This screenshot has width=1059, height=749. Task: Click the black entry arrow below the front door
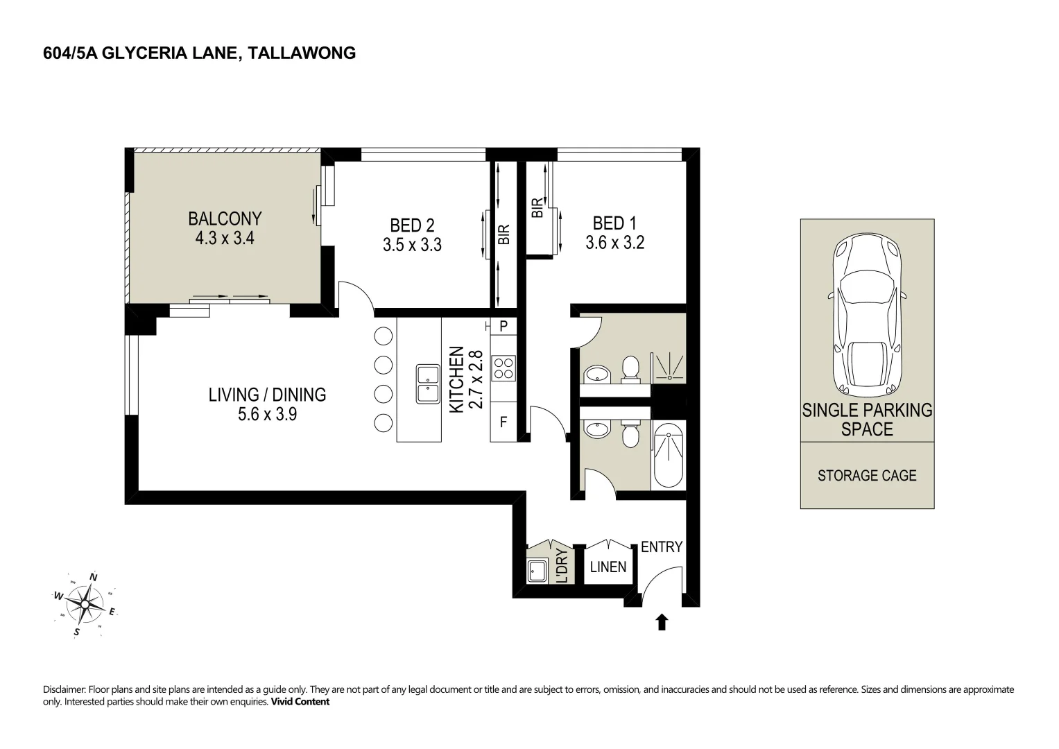pos(662,622)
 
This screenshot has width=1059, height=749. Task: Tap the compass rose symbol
pos(85,604)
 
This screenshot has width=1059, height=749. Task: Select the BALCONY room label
pos(225,218)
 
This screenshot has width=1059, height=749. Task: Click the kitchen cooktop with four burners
pos(503,369)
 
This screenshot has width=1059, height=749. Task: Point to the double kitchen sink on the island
pos(428,384)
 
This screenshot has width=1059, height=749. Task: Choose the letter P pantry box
pos(503,326)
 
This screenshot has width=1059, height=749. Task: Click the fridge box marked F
pos(503,422)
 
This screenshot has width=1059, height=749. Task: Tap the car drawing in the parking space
pos(867,314)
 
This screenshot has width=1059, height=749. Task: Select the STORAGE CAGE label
pos(867,475)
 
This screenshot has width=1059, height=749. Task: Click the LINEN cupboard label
pos(608,567)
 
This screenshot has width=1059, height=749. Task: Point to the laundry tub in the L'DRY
pos(537,571)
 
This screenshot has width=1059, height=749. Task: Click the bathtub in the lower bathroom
pos(668,455)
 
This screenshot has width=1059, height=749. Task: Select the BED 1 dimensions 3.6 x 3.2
pos(614,243)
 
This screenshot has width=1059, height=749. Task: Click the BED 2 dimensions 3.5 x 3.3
pos(412,245)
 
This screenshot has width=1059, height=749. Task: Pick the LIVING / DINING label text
pos(267,395)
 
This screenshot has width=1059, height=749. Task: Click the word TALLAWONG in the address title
pos(302,53)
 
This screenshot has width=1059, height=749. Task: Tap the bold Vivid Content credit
pos(300,702)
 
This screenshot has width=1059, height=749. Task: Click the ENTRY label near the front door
pos(662,546)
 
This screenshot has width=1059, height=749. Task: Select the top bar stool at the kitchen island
pos(383,336)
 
